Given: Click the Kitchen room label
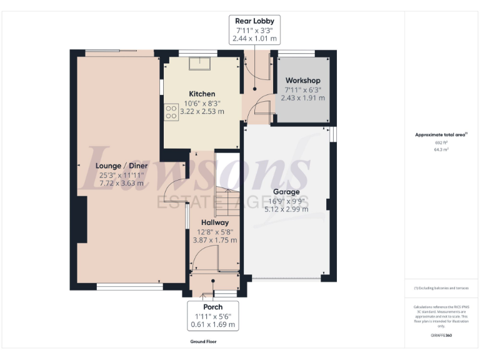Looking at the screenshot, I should [x=202, y=94].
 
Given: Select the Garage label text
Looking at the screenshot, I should [x=286, y=192].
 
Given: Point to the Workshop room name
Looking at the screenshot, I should [x=302, y=81].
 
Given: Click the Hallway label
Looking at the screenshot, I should [x=214, y=222].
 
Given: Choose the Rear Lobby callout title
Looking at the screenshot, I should [x=254, y=21].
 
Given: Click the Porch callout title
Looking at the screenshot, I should [x=212, y=307].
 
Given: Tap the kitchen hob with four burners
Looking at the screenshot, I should [x=171, y=111].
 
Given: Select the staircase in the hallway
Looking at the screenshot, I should [x=227, y=187].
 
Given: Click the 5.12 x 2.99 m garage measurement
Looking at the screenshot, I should [x=286, y=209].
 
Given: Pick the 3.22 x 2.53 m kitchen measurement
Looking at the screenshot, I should [x=202, y=111].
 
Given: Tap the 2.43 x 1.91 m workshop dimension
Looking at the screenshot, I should [x=302, y=98].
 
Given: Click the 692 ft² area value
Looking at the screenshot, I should [x=441, y=142].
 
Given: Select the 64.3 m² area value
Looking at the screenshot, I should [x=441, y=149].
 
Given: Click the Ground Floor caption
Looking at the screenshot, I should [x=204, y=342].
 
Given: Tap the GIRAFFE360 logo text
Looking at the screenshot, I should [x=441, y=336].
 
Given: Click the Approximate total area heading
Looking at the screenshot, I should [x=441, y=134].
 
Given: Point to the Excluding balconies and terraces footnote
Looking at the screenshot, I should [x=441, y=287].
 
